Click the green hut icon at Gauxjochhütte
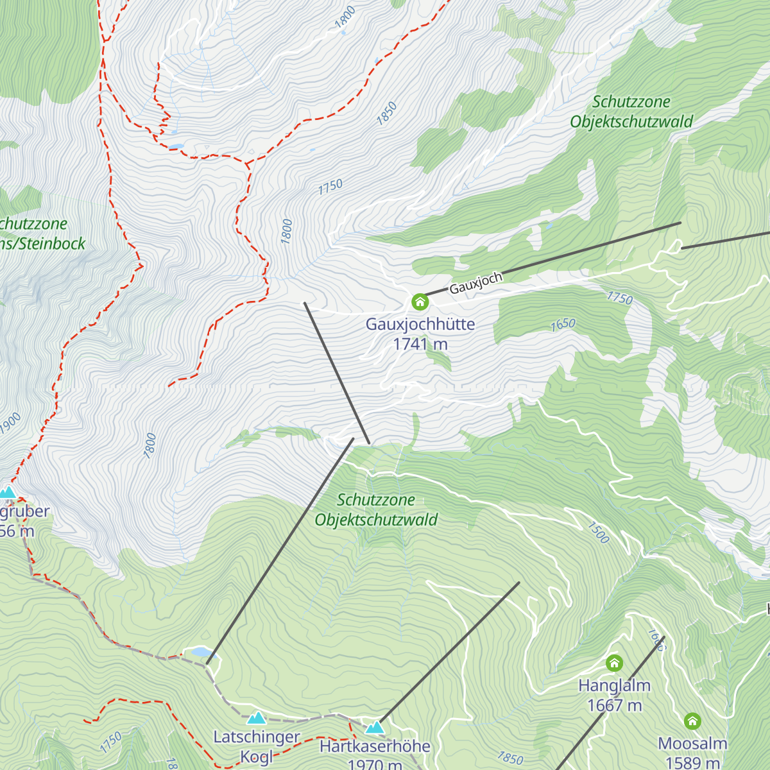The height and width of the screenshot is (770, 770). [420, 301]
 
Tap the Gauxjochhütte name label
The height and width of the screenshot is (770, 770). [420, 324]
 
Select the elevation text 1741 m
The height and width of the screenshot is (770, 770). [420, 345]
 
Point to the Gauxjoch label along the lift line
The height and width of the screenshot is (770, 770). [475, 283]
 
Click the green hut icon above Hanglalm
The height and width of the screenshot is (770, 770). [614, 663]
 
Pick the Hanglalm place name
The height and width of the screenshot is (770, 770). [614, 685]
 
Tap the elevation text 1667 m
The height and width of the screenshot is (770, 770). [614, 705]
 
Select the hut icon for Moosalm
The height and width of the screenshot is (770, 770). [692, 721]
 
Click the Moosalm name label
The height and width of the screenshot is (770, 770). [692, 744]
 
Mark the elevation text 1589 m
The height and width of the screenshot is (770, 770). [692, 762]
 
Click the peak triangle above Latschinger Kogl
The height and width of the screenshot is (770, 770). [257, 717]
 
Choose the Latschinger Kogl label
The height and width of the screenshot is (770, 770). [257, 746]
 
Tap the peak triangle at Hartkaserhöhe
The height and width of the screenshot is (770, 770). [375, 727]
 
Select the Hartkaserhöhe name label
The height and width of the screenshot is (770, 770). [375, 746]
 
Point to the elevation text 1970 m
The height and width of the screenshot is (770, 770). [375, 764]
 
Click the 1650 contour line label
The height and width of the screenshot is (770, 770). [563, 325]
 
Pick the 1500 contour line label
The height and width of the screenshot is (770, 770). [598, 532]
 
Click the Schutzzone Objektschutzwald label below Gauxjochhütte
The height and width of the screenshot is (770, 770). [376, 509]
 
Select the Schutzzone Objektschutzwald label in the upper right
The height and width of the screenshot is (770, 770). [631, 112]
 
